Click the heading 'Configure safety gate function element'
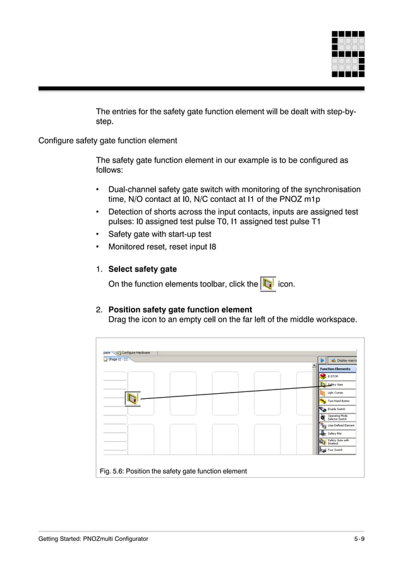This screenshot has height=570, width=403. point(107,140)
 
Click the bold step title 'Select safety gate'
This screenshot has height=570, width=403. point(142,270)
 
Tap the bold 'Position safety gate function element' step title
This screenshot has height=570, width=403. point(180,309)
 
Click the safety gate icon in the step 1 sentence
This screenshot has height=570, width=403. point(268,284)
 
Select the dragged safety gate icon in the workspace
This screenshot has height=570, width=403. point(133,398)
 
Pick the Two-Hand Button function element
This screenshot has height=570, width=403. point(337,401)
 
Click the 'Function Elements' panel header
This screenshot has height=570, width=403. point(335,369)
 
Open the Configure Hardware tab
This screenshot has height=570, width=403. point(135,353)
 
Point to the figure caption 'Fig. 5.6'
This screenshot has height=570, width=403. point(173,471)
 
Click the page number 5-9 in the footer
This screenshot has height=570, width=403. point(359,538)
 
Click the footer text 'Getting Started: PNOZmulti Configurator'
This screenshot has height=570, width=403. point(93,538)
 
